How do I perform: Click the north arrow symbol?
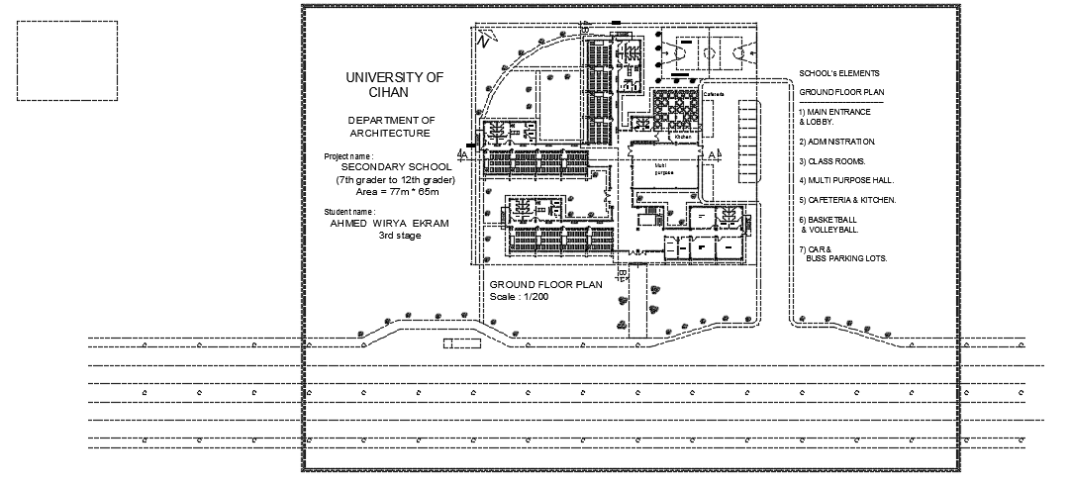pyautogui.click(x=483, y=40)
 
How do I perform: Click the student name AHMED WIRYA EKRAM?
pyautogui.click(x=389, y=224)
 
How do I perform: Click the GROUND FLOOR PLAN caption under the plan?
pyautogui.click(x=545, y=284)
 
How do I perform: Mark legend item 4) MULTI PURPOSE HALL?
pyautogui.click(x=846, y=180)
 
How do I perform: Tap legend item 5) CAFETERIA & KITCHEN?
pyautogui.click(x=847, y=199)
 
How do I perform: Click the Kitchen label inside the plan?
pyautogui.click(x=682, y=137)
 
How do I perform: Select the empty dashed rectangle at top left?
pyautogui.click(x=67, y=60)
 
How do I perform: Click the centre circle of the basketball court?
pyautogui.click(x=712, y=49)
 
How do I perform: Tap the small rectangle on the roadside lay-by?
pyautogui.click(x=459, y=342)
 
